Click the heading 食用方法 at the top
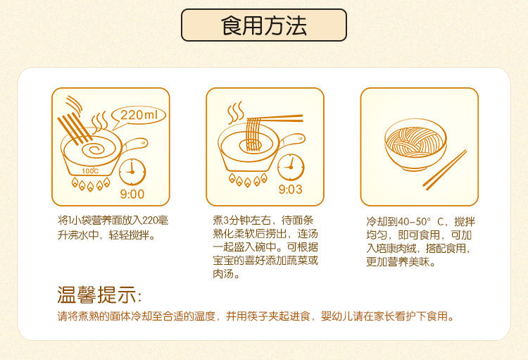pyautogui.click(x=264, y=25)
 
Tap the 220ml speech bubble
pyautogui.click(x=139, y=116)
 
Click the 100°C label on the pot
pyautogui.click(x=90, y=171)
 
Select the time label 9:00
pyautogui.click(x=132, y=194)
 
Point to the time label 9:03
pyautogui.click(x=290, y=190)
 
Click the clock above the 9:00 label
pyautogui.click(x=132, y=172)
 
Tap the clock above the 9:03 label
pyautogui.click(x=291, y=167)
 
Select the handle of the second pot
pyautogui.click(x=292, y=139)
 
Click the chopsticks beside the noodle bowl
pyautogui.click(x=444, y=170)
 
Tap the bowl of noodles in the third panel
pyautogui.click(x=415, y=144)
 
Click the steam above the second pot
pyautogui.click(x=235, y=113)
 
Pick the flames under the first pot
pyautogui.click(x=91, y=185)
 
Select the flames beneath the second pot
pyautogui.click(x=248, y=180)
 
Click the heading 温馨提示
pyautogui.click(x=99, y=295)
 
